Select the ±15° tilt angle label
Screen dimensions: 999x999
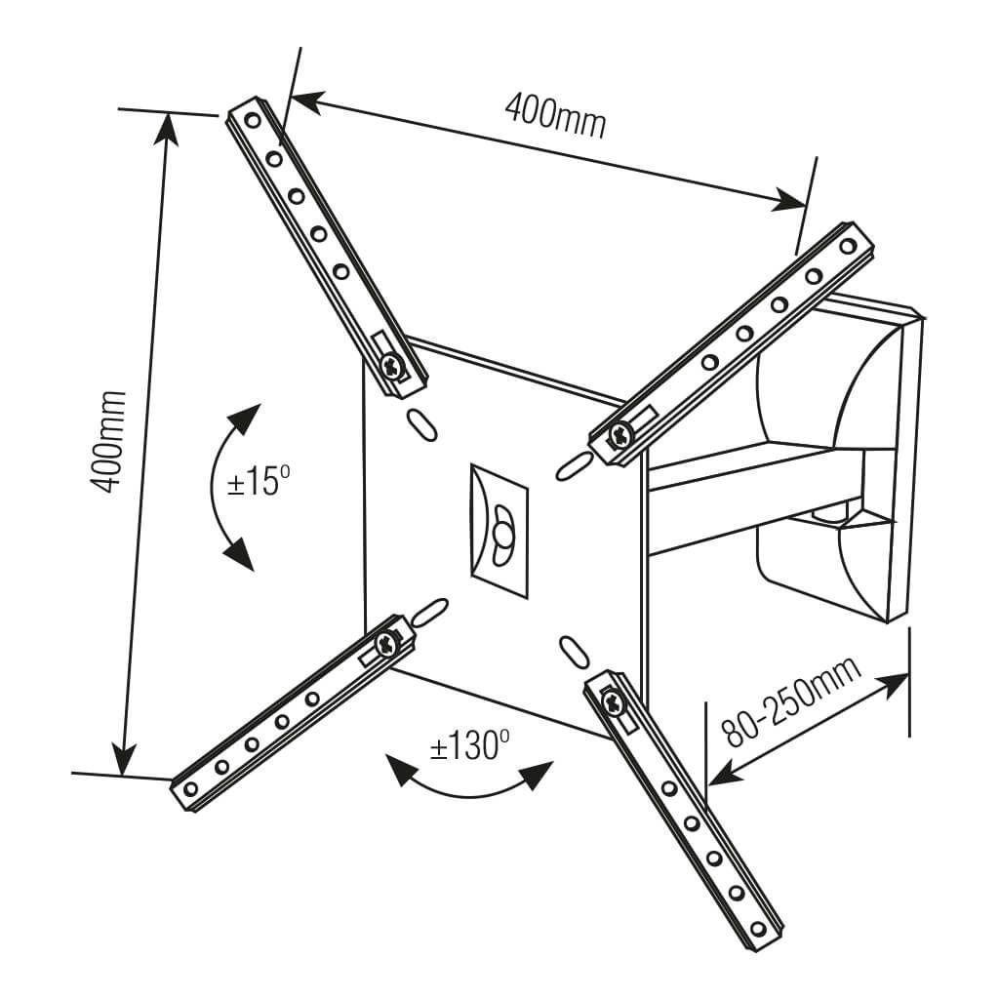pos(259,482)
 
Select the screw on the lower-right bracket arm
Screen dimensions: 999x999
pos(612,699)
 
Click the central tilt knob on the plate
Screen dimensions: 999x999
pos(502,534)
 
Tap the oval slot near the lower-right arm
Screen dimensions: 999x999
pos(574,653)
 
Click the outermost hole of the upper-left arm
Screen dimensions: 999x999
pos(253,122)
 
